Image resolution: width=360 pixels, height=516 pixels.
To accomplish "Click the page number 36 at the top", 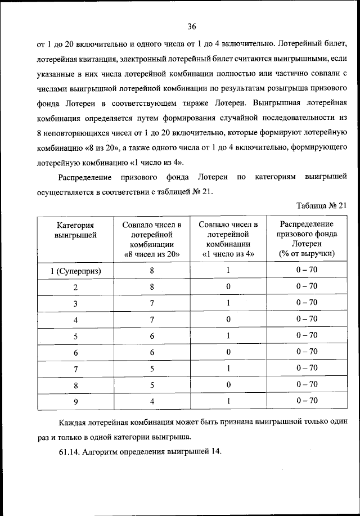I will (x=191, y=26).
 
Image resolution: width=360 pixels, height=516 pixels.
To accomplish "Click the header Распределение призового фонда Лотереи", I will (x=307, y=239).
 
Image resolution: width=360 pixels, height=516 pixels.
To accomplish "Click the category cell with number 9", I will (x=75, y=402).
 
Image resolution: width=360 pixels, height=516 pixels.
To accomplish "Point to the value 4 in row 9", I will (x=152, y=401).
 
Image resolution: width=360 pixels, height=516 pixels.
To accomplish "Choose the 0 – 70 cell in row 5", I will (x=307, y=335).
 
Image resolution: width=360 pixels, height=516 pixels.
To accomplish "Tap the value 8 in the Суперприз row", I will (x=152, y=270).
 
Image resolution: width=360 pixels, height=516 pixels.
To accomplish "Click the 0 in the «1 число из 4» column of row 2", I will (x=228, y=286).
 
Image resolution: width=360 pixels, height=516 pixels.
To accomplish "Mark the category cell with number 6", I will (x=75, y=352).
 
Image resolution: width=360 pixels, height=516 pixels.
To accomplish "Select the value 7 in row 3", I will (x=152, y=303).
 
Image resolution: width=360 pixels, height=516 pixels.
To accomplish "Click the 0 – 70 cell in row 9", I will (x=307, y=401).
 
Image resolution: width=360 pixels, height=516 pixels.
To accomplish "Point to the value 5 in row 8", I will (x=152, y=385).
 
